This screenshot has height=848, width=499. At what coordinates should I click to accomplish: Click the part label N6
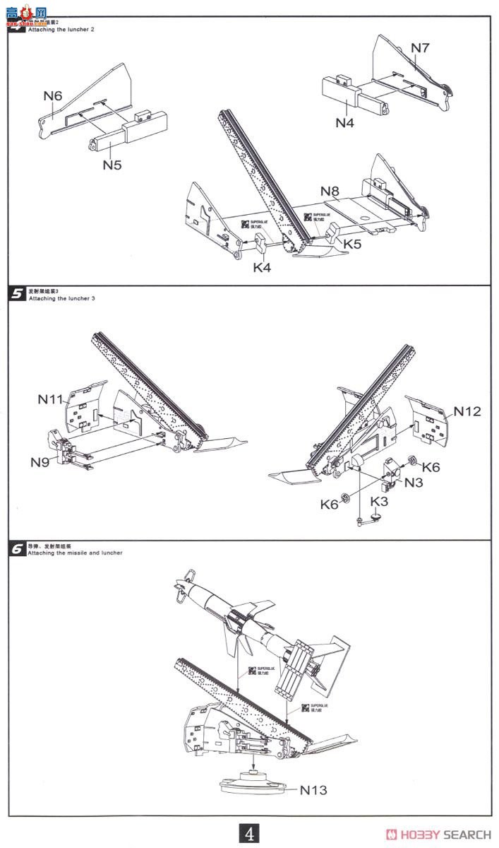click(53, 95)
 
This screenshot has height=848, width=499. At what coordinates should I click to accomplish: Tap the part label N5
click(112, 165)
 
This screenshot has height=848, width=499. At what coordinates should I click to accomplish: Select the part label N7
click(421, 47)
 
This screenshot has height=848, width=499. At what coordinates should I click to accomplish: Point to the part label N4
click(344, 122)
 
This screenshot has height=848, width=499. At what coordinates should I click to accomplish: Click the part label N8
click(330, 191)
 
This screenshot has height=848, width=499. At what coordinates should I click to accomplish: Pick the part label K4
click(263, 267)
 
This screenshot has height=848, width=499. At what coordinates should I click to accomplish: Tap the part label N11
click(52, 399)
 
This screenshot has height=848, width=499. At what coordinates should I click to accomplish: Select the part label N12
click(467, 411)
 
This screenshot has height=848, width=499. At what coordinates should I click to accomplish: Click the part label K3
click(380, 501)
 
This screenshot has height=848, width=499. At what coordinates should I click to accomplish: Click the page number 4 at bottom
click(250, 833)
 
